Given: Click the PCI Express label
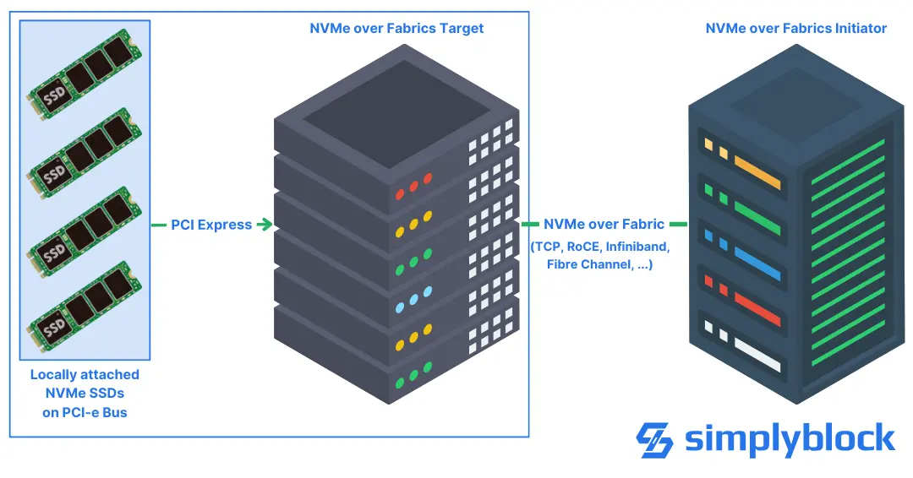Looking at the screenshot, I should click(x=211, y=225).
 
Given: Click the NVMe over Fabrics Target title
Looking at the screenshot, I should click(x=396, y=28).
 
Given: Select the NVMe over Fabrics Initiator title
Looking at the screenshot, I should click(x=795, y=28).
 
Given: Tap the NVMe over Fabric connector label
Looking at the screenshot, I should click(x=604, y=225).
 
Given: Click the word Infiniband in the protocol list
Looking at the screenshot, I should click(x=636, y=247).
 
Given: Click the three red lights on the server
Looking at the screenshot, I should click(x=413, y=184).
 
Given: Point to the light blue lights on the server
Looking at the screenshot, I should click(x=413, y=298).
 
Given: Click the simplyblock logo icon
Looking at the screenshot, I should click(x=654, y=440).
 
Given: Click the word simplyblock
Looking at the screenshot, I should click(x=789, y=440).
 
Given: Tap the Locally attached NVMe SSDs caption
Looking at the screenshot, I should click(x=85, y=393).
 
